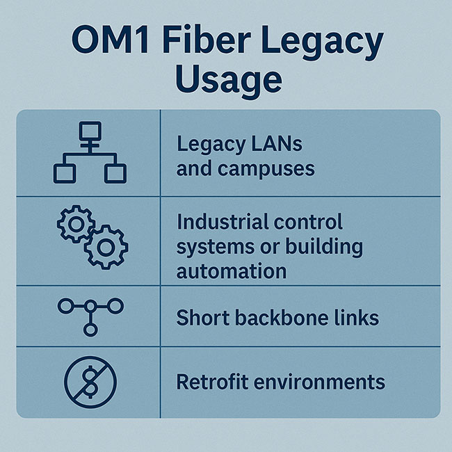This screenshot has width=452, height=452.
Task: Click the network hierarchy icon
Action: (90, 152)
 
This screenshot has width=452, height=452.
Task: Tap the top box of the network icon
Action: (90, 130)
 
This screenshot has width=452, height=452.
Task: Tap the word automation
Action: (231, 271)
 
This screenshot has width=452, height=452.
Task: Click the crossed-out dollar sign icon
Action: (90, 382)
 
